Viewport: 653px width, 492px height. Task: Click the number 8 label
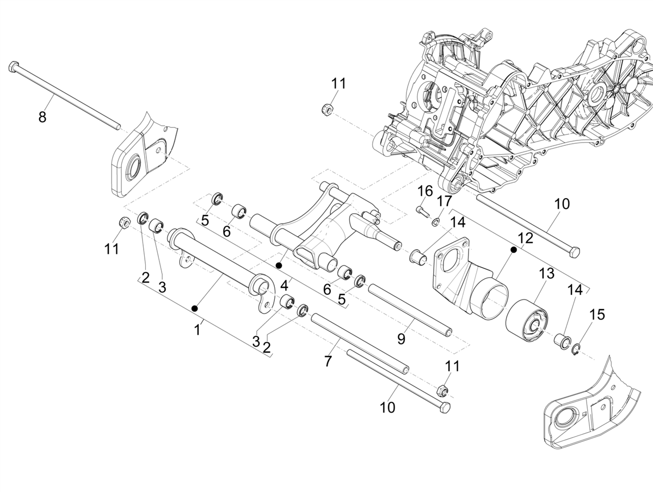point(42,117)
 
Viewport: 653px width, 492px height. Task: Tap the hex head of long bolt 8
point(14,67)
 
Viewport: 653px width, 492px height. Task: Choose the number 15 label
point(597,315)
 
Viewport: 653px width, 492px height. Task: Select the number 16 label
point(425,191)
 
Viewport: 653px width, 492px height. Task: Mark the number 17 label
point(445,200)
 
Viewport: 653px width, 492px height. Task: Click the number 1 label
point(198,329)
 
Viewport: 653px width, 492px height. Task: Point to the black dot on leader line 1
point(195,309)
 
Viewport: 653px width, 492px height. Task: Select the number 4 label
point(284,285)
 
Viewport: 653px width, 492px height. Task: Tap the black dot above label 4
point(279,265)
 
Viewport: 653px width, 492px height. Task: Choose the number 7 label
point(328,361)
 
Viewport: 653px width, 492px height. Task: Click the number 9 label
point(401,339)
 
